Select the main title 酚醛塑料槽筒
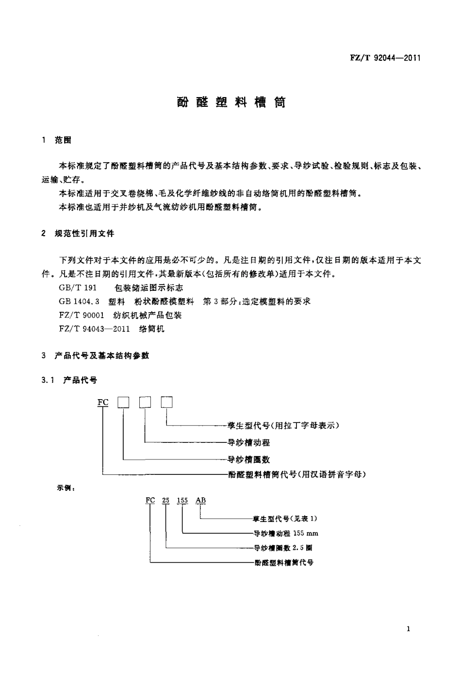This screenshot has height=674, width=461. point(230,102)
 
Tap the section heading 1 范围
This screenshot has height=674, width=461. point(57,140)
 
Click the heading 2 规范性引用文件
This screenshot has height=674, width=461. point(78,234)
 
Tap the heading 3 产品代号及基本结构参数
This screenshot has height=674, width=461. point(96,356)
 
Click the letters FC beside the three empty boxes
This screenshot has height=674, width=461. point(103,403)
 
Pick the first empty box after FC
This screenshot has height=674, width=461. point(124,403)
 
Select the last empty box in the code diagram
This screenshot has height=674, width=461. point(167,403)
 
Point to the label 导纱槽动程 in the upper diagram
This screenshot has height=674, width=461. point(249,442)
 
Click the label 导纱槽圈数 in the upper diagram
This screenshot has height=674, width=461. point(249,459)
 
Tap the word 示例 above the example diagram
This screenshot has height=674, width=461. point(65,489)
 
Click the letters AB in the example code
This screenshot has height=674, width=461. point(200,501)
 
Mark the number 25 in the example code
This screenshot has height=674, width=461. point(165,501)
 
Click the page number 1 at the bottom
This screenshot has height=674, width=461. point(408,630)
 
